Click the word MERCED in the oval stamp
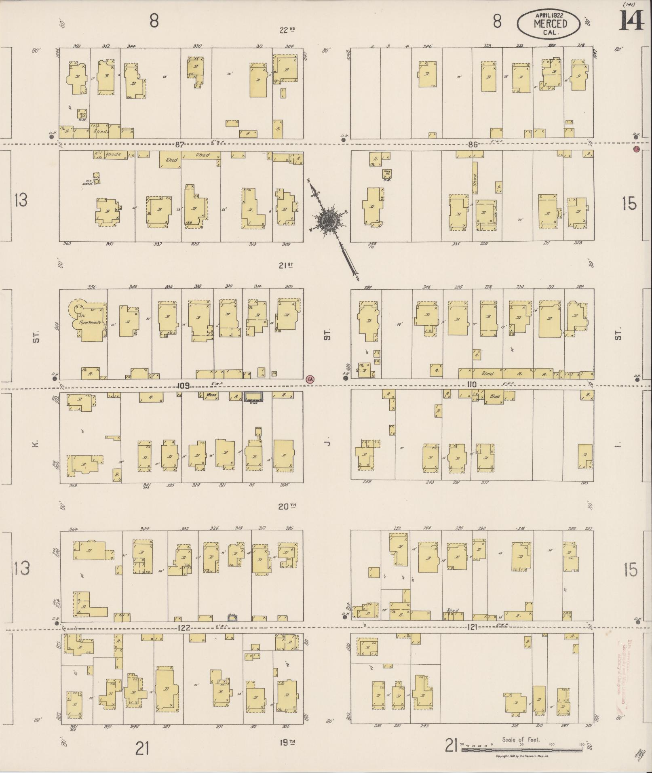550,23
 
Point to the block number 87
180,144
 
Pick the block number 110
471,385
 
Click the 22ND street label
287,29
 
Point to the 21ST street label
285,265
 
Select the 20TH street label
287,506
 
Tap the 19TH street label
286,742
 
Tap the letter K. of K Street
36,444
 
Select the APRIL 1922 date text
550,15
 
